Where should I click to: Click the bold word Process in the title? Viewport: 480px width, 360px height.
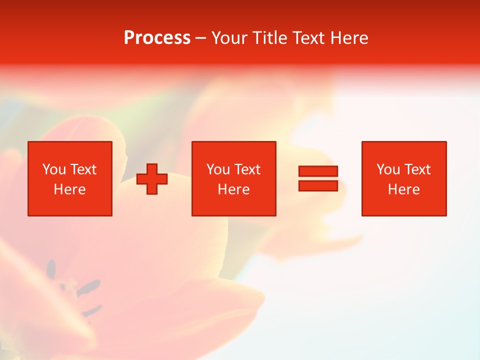tap(157, 38)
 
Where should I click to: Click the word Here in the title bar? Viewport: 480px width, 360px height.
tap(348, 38)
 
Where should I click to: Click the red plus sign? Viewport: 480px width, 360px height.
tap(152, 179)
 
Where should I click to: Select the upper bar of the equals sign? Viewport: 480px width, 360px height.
tap(318, 171)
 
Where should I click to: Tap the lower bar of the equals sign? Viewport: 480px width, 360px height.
tap(318, 185)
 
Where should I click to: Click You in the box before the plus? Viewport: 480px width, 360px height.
tap(54, 169)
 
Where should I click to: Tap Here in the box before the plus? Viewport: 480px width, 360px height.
tap(70, 189)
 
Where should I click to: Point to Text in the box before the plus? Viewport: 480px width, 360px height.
tap(83, 169)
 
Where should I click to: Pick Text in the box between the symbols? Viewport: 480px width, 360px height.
tap(247, 169)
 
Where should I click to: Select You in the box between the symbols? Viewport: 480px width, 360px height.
tap(218, 169)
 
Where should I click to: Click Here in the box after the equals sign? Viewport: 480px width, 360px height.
tap(404, 189)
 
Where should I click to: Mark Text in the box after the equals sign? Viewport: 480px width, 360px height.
tap(417, 169)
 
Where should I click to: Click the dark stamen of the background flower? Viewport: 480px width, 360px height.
tap(89, 287)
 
